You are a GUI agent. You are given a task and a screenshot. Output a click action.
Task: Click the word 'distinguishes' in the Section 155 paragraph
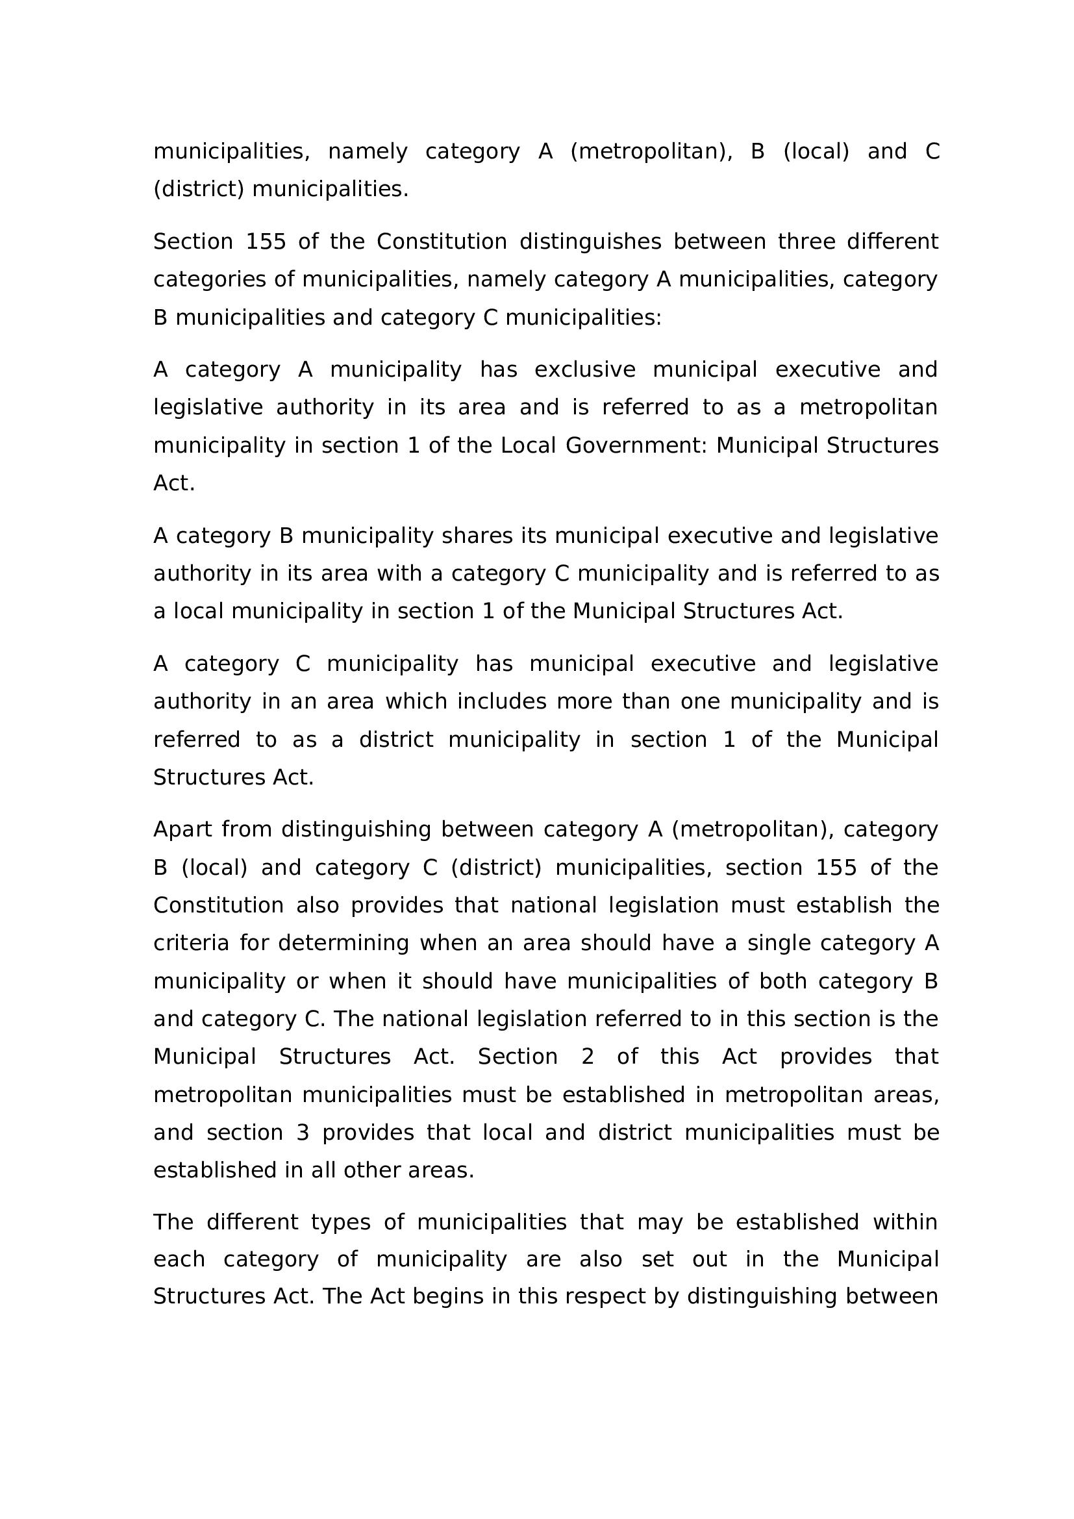point(590,242)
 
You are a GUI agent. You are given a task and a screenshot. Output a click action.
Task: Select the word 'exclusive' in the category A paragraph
point(584,369)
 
